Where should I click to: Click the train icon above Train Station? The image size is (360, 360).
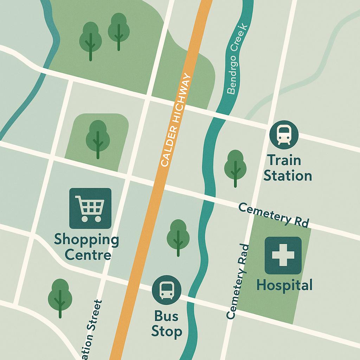click(x=284, y=135)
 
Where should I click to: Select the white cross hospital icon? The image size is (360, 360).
click(x=283, y=255)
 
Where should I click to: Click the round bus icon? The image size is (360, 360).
click(x=167, y=290)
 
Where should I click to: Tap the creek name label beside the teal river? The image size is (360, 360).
click(x=238, y=60)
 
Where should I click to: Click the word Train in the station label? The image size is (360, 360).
click(x=284, y=160)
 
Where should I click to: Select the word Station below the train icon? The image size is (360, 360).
click(x=288, y=175)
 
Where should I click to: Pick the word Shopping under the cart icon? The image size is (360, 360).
click(x=86, y=241)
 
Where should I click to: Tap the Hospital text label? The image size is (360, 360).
click(x=284, y=285)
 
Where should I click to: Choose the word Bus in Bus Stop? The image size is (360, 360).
click(x=166, y=316)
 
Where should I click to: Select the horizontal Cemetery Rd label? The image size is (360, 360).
click(x=274, y=214)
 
